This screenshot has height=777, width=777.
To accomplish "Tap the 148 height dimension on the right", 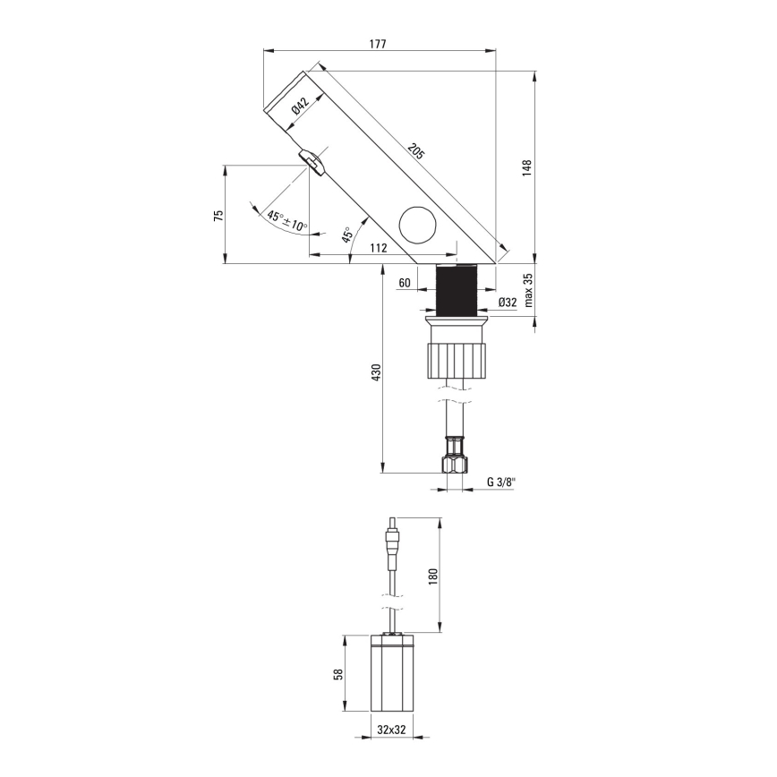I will pyautogui.click(x=527, y=167).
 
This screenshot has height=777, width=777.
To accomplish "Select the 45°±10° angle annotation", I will pyautogui.click(x=286, y=220).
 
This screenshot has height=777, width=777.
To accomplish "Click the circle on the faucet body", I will pyautogui.click(x=414, y=224).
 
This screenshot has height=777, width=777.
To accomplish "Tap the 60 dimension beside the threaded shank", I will pyautogui.click(x=405, y=283).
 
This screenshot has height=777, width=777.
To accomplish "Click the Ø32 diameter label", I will pyautogui.click(x=508, y=303).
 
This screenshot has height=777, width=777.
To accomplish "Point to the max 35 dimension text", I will pyautogui.click(x=528, y=290).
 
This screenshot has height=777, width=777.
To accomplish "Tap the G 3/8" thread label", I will pyautogui.click(x=501, y=482).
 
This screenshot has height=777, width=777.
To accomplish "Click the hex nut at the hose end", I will pyautogui.click(x=454, y=462).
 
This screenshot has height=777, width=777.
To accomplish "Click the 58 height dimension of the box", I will pyautogui.click(x=337, y=673).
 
